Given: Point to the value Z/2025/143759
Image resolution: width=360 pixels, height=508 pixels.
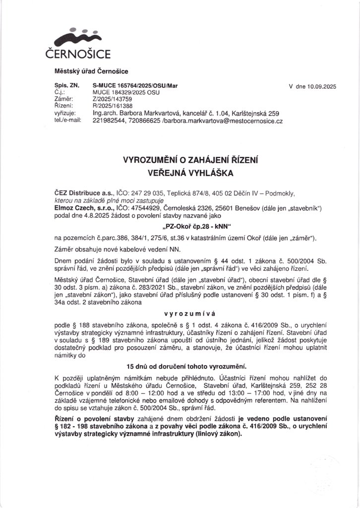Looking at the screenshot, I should [113, 99].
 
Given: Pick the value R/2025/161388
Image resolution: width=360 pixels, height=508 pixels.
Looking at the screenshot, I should [113, 106].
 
